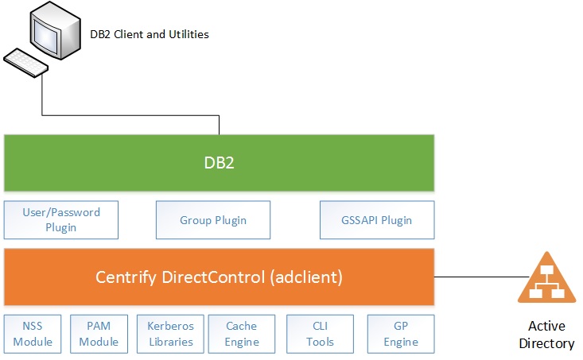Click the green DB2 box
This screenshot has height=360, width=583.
coord(219,163)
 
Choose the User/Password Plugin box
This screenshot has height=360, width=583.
coord(61,220)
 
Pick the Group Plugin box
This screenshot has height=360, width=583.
coord(213,220)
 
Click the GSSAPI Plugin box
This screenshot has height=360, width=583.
coord(377,220)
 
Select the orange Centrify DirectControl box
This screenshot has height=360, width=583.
coord(219,277)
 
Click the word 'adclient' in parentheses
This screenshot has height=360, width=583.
coord(307,277)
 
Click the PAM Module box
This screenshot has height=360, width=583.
coord(99,335)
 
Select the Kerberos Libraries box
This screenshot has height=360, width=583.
coord(170,335)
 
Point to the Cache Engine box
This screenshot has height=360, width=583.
coord(242,335)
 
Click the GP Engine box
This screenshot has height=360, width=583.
coord(401,335)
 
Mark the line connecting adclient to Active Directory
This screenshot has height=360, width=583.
coord(477,277)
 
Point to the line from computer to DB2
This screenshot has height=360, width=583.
coord(127,113)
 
